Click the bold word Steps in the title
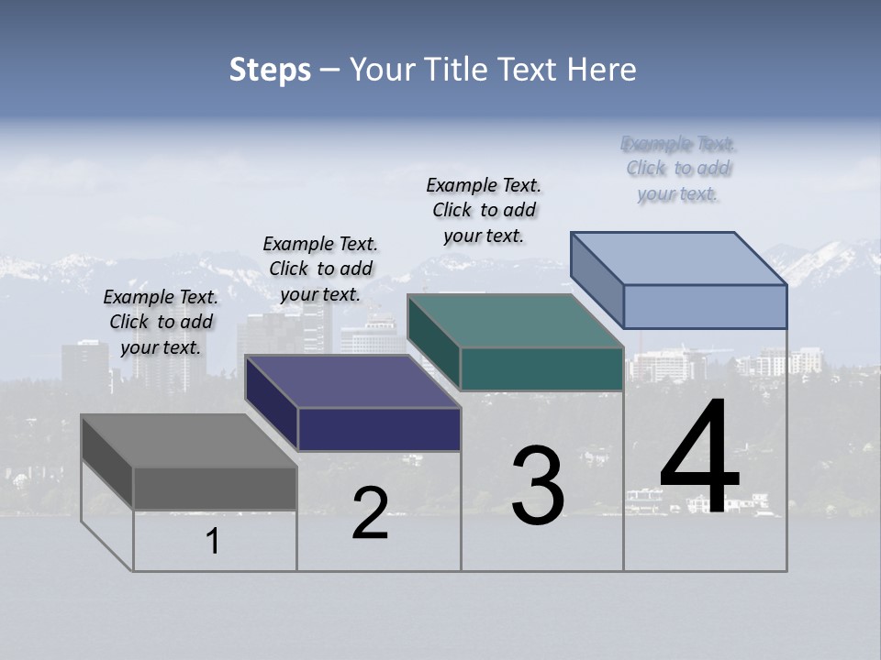(x=270, y=70)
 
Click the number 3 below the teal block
(x=537, y=485)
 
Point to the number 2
(x=370, y=513)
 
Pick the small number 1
(x=213, y=541)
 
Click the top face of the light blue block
(x=678, y=258)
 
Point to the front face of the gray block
(x=215, y=488)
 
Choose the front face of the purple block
(x=379, y=429)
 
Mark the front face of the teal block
(x=541, y=369)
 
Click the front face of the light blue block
(x=705, y=306)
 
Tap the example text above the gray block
(x=162, y=322)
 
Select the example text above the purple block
(x=320, y=269)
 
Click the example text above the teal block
(x=484, y=210)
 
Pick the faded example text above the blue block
(x=678, y=169)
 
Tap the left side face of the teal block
(x=433, y=341)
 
